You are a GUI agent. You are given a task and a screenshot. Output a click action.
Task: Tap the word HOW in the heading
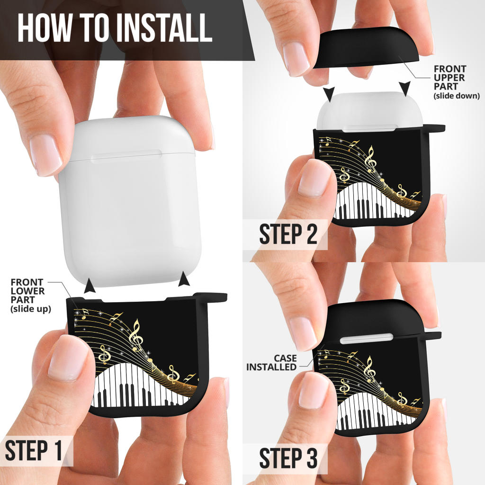point(44,27)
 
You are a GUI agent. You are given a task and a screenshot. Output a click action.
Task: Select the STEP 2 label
point(288,234)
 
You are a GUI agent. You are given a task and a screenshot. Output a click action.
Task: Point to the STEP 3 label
point(288,458)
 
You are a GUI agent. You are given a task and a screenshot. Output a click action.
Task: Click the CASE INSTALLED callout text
point(271,362)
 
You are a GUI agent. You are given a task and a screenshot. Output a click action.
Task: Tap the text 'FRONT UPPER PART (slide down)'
point(457,82)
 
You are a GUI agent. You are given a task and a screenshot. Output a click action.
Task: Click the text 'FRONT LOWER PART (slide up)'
point(31,296)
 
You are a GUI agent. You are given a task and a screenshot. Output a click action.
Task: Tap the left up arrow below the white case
point(90,285)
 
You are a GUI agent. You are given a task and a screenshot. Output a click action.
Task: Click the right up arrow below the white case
point(184,278)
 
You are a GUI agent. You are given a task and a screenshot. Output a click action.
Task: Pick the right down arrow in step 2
point(404,89)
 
